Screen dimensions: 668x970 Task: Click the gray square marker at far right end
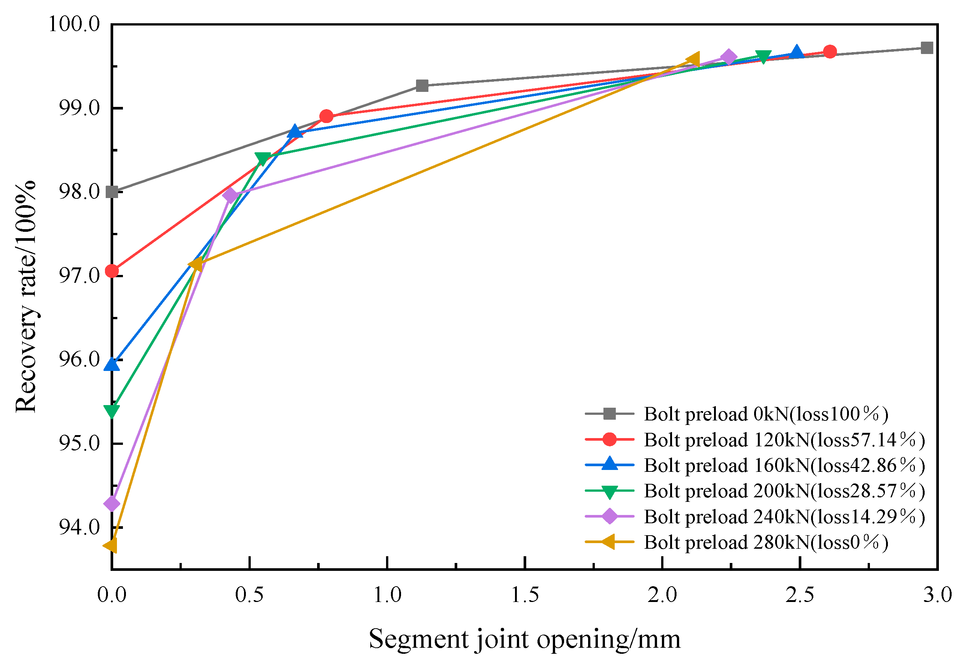click(x=927, y=48)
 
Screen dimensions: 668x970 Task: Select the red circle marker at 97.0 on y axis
click(x=112, y=271)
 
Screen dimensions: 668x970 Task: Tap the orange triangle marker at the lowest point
click(x=111, y=546)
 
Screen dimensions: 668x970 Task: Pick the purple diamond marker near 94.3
click(x=112, y=503)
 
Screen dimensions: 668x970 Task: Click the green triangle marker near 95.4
click(x=112, y=411)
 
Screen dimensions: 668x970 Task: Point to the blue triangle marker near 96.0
click(x=112, y=365)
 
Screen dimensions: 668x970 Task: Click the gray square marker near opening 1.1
click(x=422, y=86)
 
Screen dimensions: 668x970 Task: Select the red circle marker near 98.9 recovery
click(x=326, y=116)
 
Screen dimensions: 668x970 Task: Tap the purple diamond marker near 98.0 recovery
click(x=230, y=195)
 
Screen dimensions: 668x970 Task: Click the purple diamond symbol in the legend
click(x=610, y=516)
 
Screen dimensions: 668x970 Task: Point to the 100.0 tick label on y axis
click(x=75, y=24)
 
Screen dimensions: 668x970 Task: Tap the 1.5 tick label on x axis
click(x=525, y=595)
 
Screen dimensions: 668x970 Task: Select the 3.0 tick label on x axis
click(x=937, y=595)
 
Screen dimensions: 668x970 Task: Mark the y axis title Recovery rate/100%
click(x=26, y=296)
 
